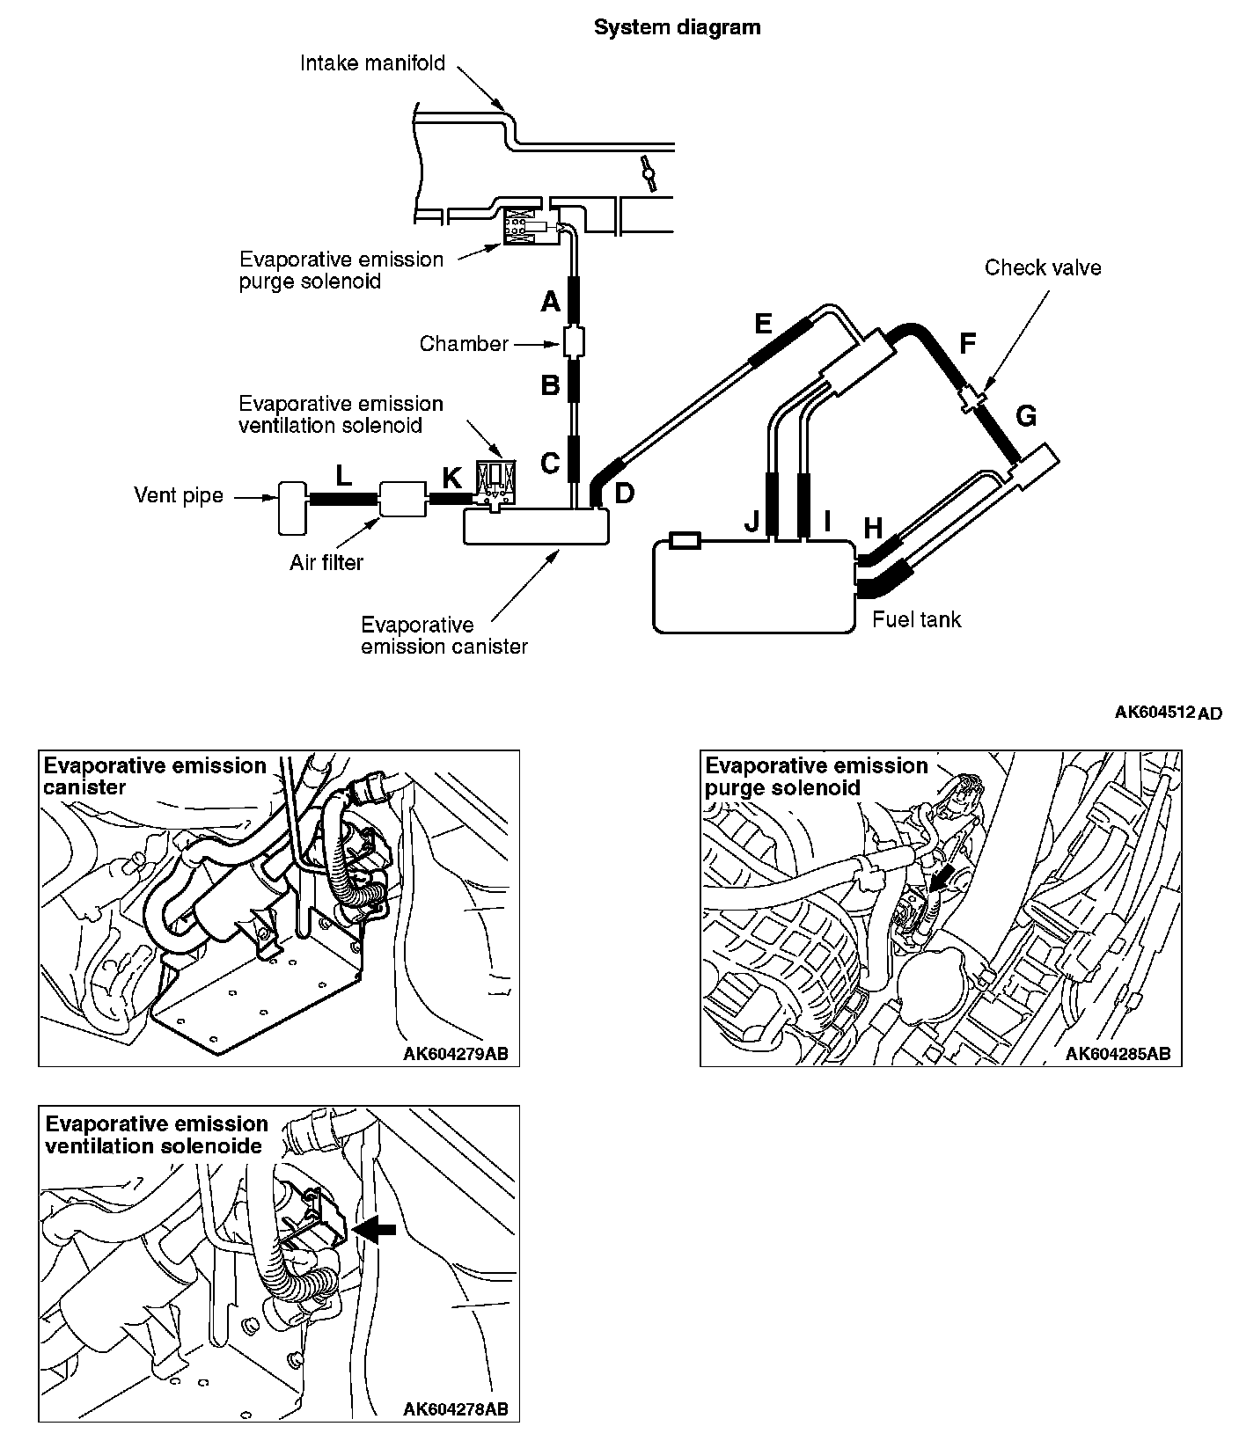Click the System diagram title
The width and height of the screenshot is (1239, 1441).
coord(677,27)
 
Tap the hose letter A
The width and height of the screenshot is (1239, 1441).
coord(550,303)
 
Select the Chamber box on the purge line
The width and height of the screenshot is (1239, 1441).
coord(574,341)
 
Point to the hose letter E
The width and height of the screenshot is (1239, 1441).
coord(762,324)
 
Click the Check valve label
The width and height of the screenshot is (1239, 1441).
coord(1042,267)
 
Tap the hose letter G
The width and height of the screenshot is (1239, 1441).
coord(1026,416)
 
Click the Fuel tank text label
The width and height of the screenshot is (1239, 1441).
coord(916,619)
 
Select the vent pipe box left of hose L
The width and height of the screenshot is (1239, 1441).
coord(290,508)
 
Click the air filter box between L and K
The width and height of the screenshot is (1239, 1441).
coord(402,499)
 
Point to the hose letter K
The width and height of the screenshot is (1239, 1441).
coord(451,478)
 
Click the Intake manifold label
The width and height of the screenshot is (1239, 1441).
coord(372,63)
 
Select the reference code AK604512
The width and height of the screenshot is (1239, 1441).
coord(1155,712)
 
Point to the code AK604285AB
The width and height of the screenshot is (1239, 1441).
coord(1118,1053)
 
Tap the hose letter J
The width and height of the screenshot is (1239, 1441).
coord(751,523)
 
